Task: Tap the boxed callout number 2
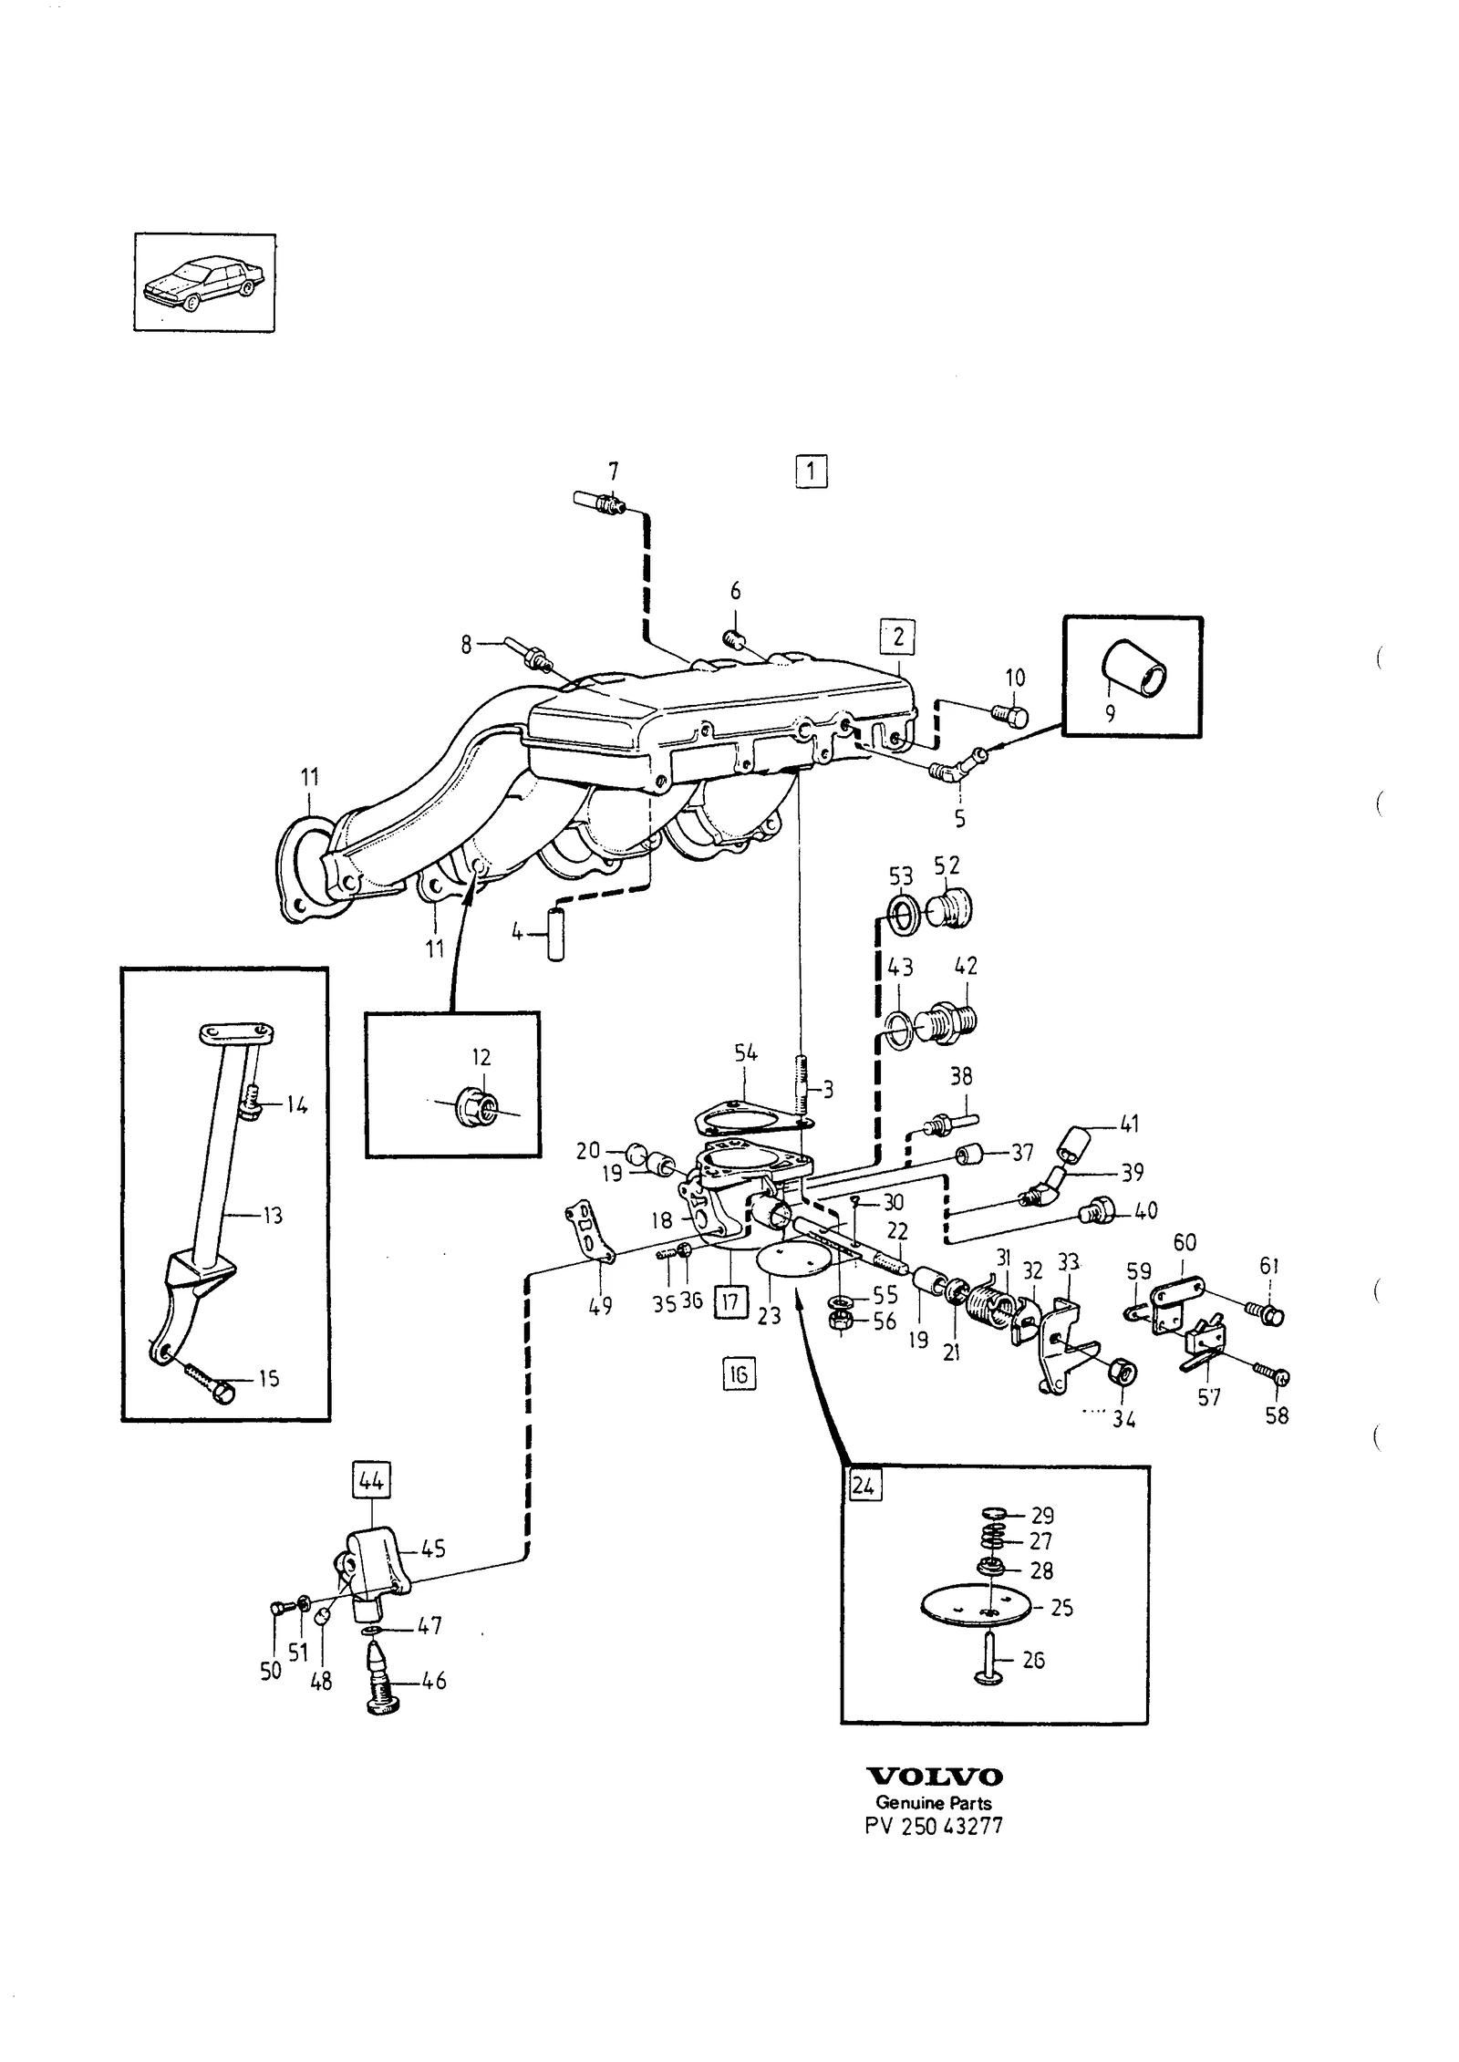[897, 636]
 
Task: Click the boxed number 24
[863, 1486]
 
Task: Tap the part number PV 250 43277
[934, 1827]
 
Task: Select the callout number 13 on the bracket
[272, 1215]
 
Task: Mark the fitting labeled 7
[599, 501]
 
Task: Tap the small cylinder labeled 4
[556, 934]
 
